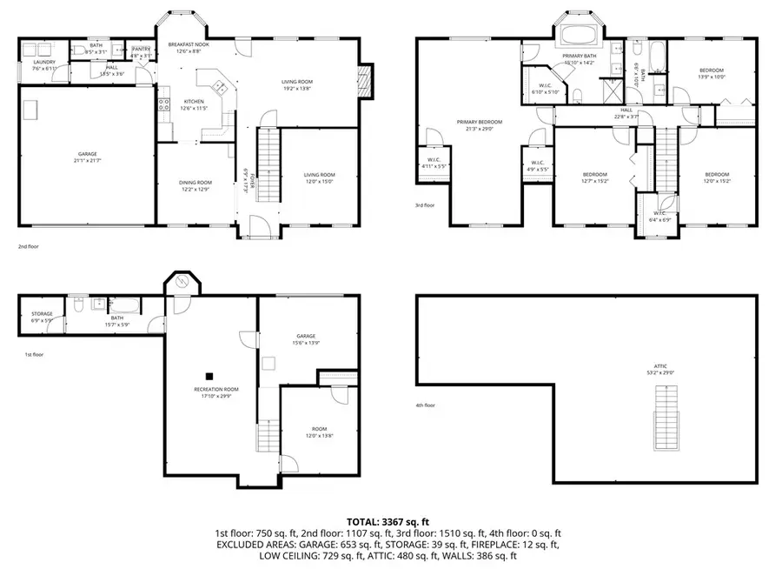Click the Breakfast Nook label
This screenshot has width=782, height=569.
pyautogui.click(x=188, y=45)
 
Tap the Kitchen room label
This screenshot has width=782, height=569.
pyautogui.click(x=193, y=104)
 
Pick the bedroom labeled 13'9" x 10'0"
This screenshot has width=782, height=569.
pyautogui.click(x=711, y=73)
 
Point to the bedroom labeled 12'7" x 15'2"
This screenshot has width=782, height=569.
pyautogui.click(x=596, y=177)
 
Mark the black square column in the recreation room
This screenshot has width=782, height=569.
pyautogui.click(x=209, y=377)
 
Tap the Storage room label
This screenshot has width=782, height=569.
pyautogui.click(x=42, y=317)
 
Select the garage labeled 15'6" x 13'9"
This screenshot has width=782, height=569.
pyautogui.click(x=305, y=339)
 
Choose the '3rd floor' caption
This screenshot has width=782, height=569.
pyautogui.click(x=425, y=206)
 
